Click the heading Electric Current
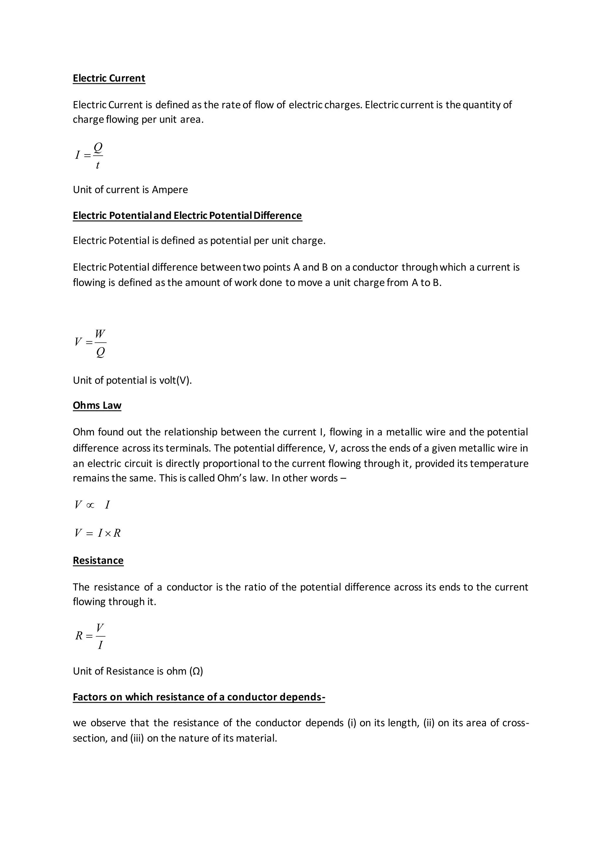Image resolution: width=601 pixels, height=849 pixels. [x=109, y=78]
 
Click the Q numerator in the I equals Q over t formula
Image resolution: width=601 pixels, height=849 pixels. [x=98, y=147]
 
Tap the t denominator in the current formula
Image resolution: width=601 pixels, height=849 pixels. [x=97, y=165]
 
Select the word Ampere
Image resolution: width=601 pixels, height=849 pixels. [x=170, y=190]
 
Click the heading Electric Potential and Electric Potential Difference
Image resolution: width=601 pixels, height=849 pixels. [x=187, y=215]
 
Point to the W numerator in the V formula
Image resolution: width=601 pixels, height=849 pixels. [x=100, y=334]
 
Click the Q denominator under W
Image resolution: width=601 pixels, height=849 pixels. [x=100, y=352]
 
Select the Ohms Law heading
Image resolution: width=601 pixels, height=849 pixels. [x=97, y=406]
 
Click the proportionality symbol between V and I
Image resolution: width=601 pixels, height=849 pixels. [x=90, y=505]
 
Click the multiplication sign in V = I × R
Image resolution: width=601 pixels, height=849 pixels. [x=108, y=533]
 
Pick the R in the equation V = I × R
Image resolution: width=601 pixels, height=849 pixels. [x=117, y=533]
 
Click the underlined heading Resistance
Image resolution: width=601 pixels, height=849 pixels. [x=98, y=561]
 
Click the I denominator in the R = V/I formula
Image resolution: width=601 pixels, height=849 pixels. [x=100, y=645]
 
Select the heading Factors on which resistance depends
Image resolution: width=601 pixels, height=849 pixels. [x=199, y=697]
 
